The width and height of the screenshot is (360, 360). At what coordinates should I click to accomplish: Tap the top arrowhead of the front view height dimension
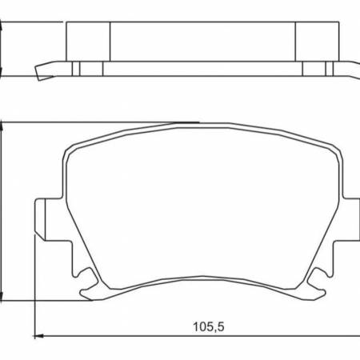click(6, 126)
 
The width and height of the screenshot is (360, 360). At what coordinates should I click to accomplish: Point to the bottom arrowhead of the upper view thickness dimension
click(6, 74)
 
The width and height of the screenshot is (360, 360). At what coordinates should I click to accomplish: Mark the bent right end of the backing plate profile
click(352, 70)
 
